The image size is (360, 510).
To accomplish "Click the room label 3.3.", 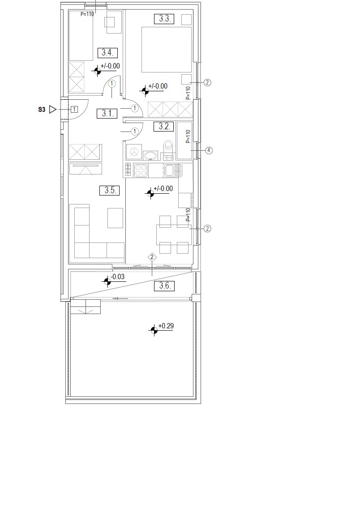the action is (164, 18).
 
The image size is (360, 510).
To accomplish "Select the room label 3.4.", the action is (107, 52).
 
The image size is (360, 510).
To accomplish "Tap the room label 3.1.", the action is (107, 113).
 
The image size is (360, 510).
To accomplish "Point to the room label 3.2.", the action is (164, 126).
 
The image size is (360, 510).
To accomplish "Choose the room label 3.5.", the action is (110, 190).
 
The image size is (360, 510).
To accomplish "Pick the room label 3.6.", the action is (164, 286).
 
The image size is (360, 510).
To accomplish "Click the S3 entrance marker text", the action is (42, 110).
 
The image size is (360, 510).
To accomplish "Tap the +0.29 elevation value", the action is (166, 326).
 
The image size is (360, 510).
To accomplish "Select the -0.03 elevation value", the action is (118, 277).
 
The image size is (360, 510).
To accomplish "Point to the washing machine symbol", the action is (134, 152).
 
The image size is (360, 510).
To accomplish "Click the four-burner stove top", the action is (141, 170).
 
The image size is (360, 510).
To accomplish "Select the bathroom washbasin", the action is (150, 156).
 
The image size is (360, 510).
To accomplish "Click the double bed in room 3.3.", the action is (166, 50).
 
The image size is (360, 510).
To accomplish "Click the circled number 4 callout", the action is (209, 151).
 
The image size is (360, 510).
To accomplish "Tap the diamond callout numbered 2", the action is (152, 258).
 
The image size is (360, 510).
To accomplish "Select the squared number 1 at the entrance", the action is (74, 109).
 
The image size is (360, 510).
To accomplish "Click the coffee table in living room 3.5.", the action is (116, 218).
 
